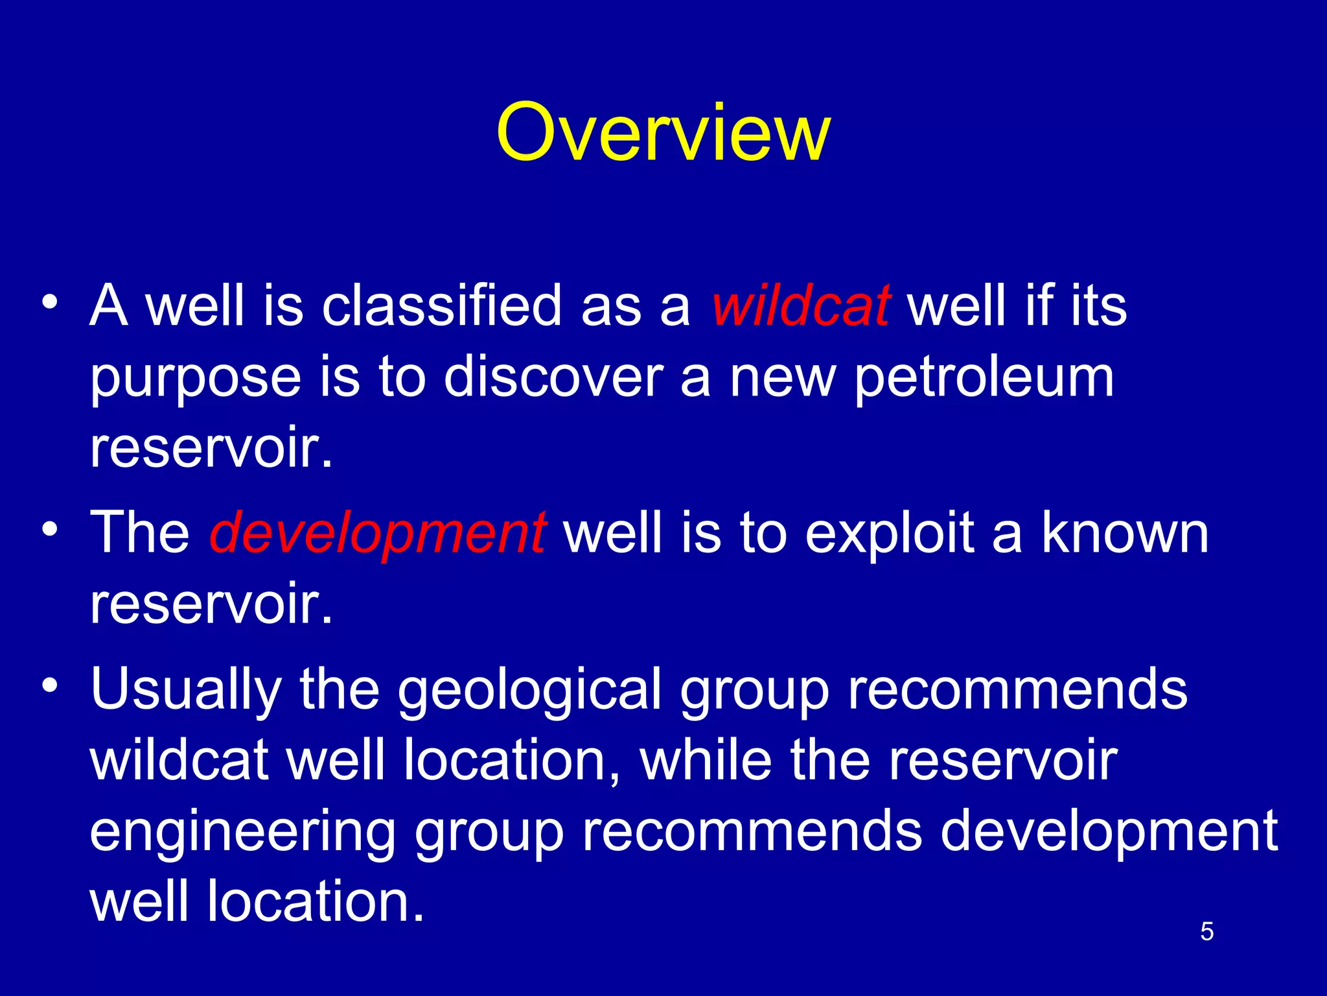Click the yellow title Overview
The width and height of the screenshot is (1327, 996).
pos(663,133)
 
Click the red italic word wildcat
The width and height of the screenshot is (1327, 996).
pos(801,305)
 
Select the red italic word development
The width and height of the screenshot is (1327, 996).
pos(378,533)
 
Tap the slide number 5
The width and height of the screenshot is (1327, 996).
pos(1206,931)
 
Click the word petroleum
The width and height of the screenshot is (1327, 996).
pos(984,378)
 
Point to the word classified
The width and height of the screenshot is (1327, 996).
pos(442,305)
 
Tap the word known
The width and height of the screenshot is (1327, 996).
pos(1125,533)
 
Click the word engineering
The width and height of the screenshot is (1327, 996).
pos(242,833)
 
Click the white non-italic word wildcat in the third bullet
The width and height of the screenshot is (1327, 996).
pos(179,760)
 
